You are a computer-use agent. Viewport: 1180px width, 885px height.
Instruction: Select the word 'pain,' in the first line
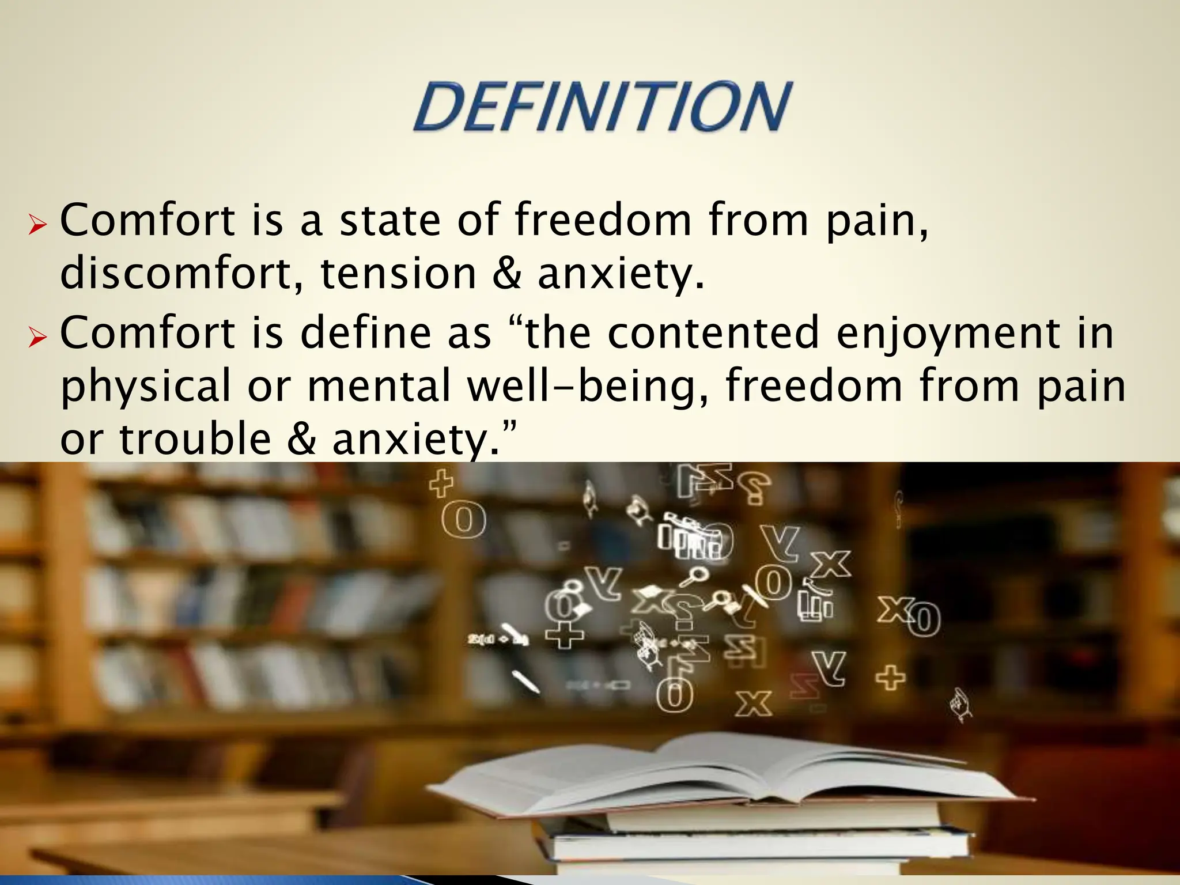[876, 222]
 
